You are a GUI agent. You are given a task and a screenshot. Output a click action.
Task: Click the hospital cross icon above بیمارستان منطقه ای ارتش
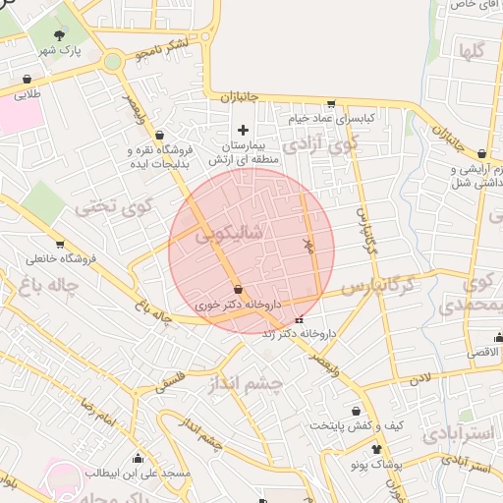[x=244, y=130]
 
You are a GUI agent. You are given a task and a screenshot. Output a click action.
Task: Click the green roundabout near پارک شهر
[x=112, y=62]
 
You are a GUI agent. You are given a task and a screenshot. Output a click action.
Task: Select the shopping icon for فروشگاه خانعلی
[x=60, y=244]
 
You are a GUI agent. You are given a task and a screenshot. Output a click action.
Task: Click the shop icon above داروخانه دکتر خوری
[x=240, y=289]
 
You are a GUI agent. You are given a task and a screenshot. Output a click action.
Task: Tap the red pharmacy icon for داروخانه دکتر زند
[x=300, y=319]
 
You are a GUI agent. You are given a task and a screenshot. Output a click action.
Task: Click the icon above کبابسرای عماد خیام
[x=331, y=103]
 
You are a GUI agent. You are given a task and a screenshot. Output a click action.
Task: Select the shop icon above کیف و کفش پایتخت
[x=356, y=411]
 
